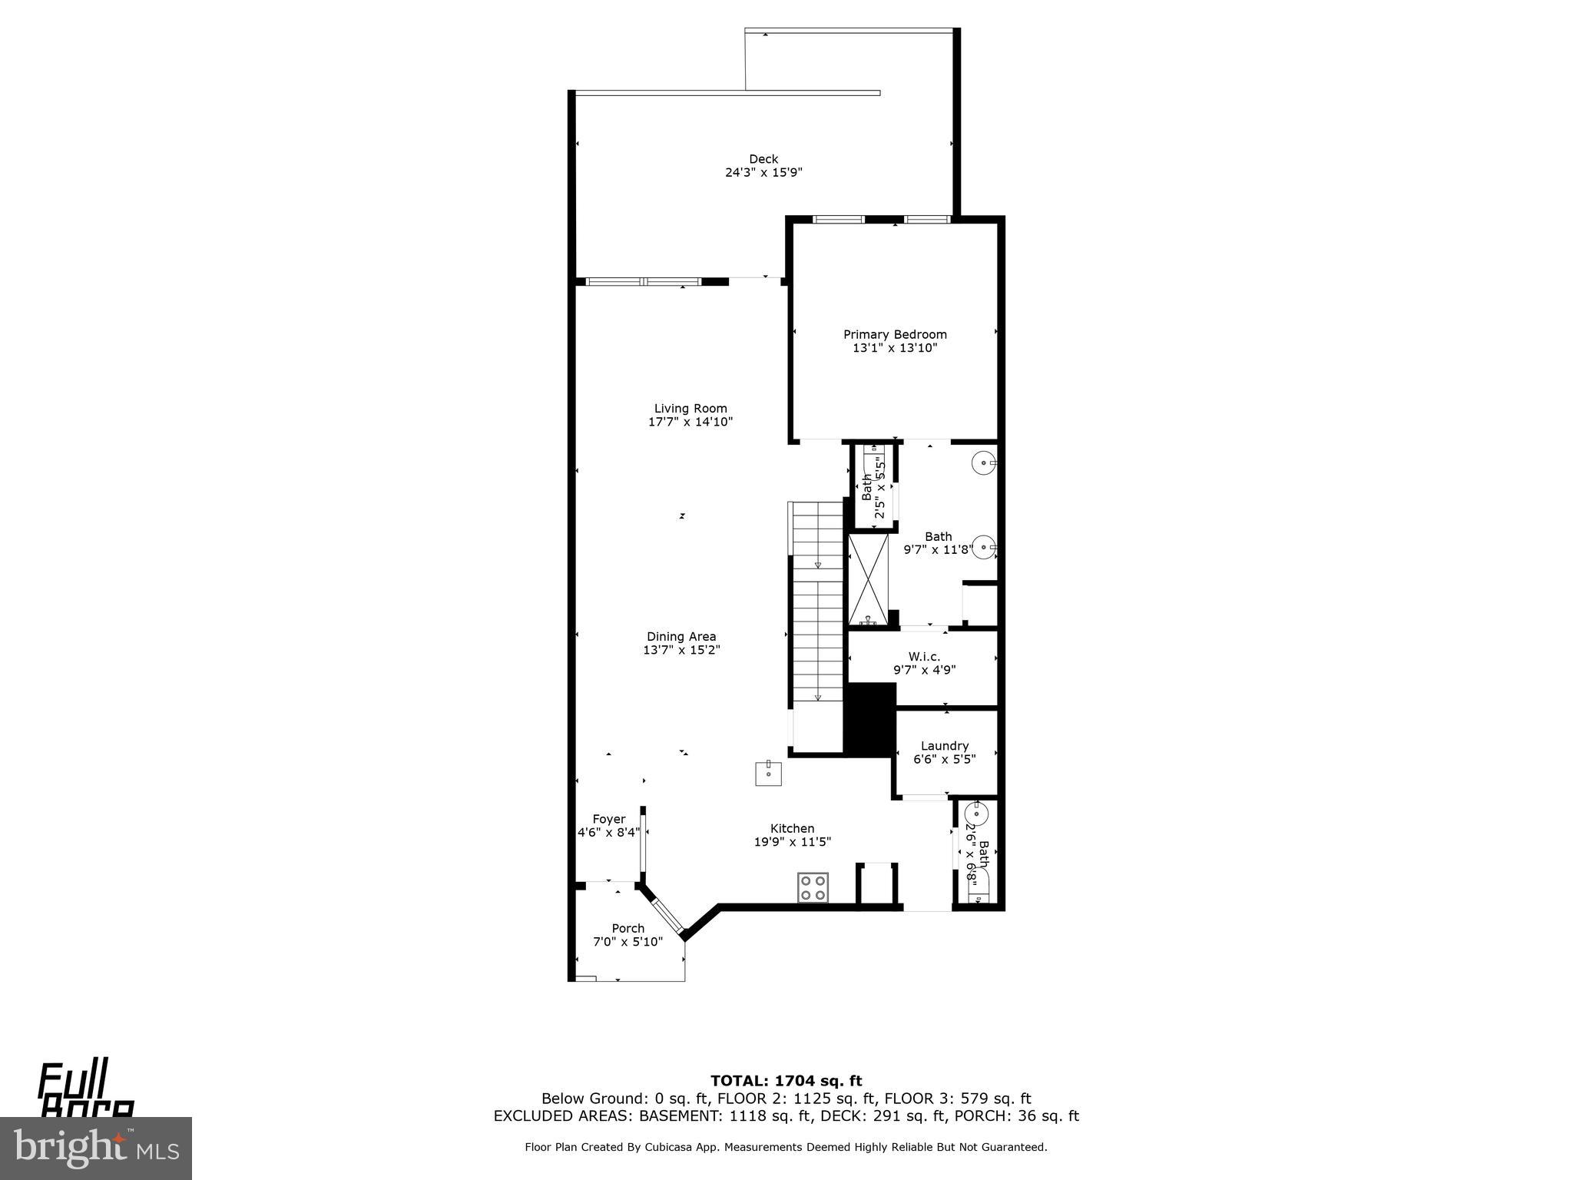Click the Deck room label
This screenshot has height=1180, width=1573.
763,159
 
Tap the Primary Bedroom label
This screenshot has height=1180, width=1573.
895,334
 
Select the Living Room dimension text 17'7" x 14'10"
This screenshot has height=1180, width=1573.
690,422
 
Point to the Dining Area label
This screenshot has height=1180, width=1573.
681,636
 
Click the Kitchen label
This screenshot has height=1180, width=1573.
792,828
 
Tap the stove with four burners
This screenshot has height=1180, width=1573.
813,887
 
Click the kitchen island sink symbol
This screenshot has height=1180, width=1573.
768,773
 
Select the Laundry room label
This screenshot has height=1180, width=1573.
944,745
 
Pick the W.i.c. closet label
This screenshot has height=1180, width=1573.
924,656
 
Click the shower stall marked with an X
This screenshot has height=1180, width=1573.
868,580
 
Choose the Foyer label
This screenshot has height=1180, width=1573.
608,819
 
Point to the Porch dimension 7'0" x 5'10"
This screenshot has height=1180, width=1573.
628,942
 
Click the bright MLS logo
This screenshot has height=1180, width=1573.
96,1149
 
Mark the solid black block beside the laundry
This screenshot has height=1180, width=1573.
869,718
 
